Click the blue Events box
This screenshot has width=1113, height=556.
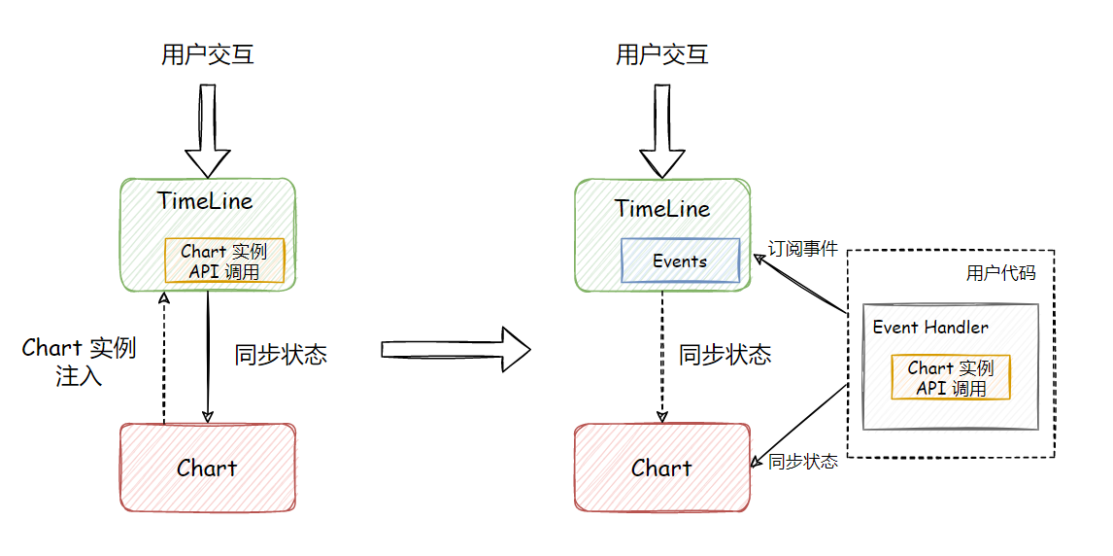coord(680,261)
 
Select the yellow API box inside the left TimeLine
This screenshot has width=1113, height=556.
coord(224,261)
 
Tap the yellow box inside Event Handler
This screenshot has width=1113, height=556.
coord(951,377)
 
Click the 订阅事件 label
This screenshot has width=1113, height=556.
coord(802,249)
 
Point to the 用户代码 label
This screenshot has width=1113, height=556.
coord(1000,273)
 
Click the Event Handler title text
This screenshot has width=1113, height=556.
coord(930,327)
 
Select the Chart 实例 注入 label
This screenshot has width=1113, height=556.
coord(79,362)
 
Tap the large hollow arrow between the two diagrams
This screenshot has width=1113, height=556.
coord(455,348)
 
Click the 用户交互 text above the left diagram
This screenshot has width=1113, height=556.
coord(208,54)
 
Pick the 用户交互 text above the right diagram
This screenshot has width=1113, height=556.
coord(662,54)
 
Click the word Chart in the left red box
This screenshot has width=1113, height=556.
coord(207,469)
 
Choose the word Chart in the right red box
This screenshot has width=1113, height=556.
coord(661,469)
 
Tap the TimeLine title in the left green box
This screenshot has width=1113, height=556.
coord(205,201)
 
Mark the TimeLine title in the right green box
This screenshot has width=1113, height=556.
coord(662,208)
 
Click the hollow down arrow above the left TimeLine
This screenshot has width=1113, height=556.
coord(207,130)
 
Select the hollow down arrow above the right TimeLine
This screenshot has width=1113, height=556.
coord(662,130)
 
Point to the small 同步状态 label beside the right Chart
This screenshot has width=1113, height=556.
coord(802,462)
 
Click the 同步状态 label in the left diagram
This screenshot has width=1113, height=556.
coord(281,354)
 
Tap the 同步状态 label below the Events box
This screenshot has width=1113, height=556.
coord(725,355)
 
